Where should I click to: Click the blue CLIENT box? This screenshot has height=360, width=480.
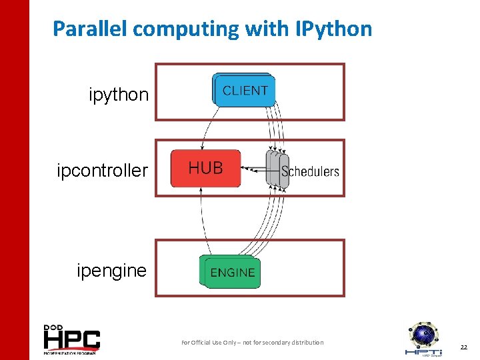tap(245, 91)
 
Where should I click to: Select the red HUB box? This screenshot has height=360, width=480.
tap(205, 168)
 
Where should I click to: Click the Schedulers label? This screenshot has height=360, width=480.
tap(311, 171)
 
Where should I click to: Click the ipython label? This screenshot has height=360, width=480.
tap(119, 95)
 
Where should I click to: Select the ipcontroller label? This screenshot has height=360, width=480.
tap(102, 171)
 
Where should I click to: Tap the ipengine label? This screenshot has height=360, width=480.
tap(111, 271)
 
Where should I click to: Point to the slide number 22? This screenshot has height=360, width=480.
tap(463, 347)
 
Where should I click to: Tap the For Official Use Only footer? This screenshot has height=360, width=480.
tap(253, 343)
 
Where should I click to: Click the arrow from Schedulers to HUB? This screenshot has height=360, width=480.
tap(253, 169)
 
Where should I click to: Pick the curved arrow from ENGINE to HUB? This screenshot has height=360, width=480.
tap(203, 220)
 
